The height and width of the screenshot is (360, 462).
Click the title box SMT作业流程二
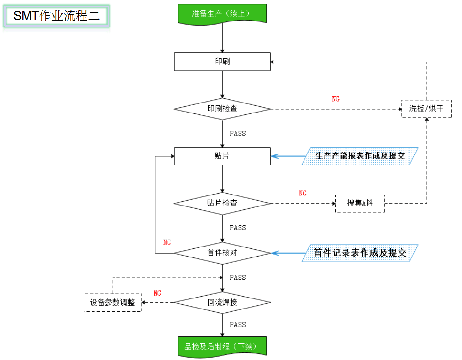coord(57,16)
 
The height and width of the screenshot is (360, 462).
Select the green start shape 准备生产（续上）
coord(222,13)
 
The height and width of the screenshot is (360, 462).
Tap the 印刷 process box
coord(222,62)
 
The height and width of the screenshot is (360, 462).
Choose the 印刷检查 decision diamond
coord(222,109)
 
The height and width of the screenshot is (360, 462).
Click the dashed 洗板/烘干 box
coord(426,109)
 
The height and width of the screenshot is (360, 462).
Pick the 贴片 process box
coord(222,156)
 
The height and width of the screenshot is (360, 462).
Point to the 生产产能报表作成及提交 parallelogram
coord(360,156)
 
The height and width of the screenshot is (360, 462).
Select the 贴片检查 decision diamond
coord(222,203)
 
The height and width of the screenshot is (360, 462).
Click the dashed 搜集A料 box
coord(359,203)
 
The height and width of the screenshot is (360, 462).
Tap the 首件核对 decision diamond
coord(222,253)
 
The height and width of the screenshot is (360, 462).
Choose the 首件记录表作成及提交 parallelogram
coord(360,253)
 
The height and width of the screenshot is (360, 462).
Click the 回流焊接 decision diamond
coord(222,302)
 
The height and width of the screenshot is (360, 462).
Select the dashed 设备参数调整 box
coord(113,302)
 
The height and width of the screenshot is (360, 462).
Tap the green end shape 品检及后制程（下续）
coord(222,346)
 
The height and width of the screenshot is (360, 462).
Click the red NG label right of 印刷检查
coord(336,99)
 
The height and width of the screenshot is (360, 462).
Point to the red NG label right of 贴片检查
coord(303,193)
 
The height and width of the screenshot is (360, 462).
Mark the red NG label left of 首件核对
coord(167,243)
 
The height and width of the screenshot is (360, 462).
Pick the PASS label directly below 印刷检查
coord(237,134)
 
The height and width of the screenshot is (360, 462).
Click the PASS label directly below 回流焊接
coord(237,325)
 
